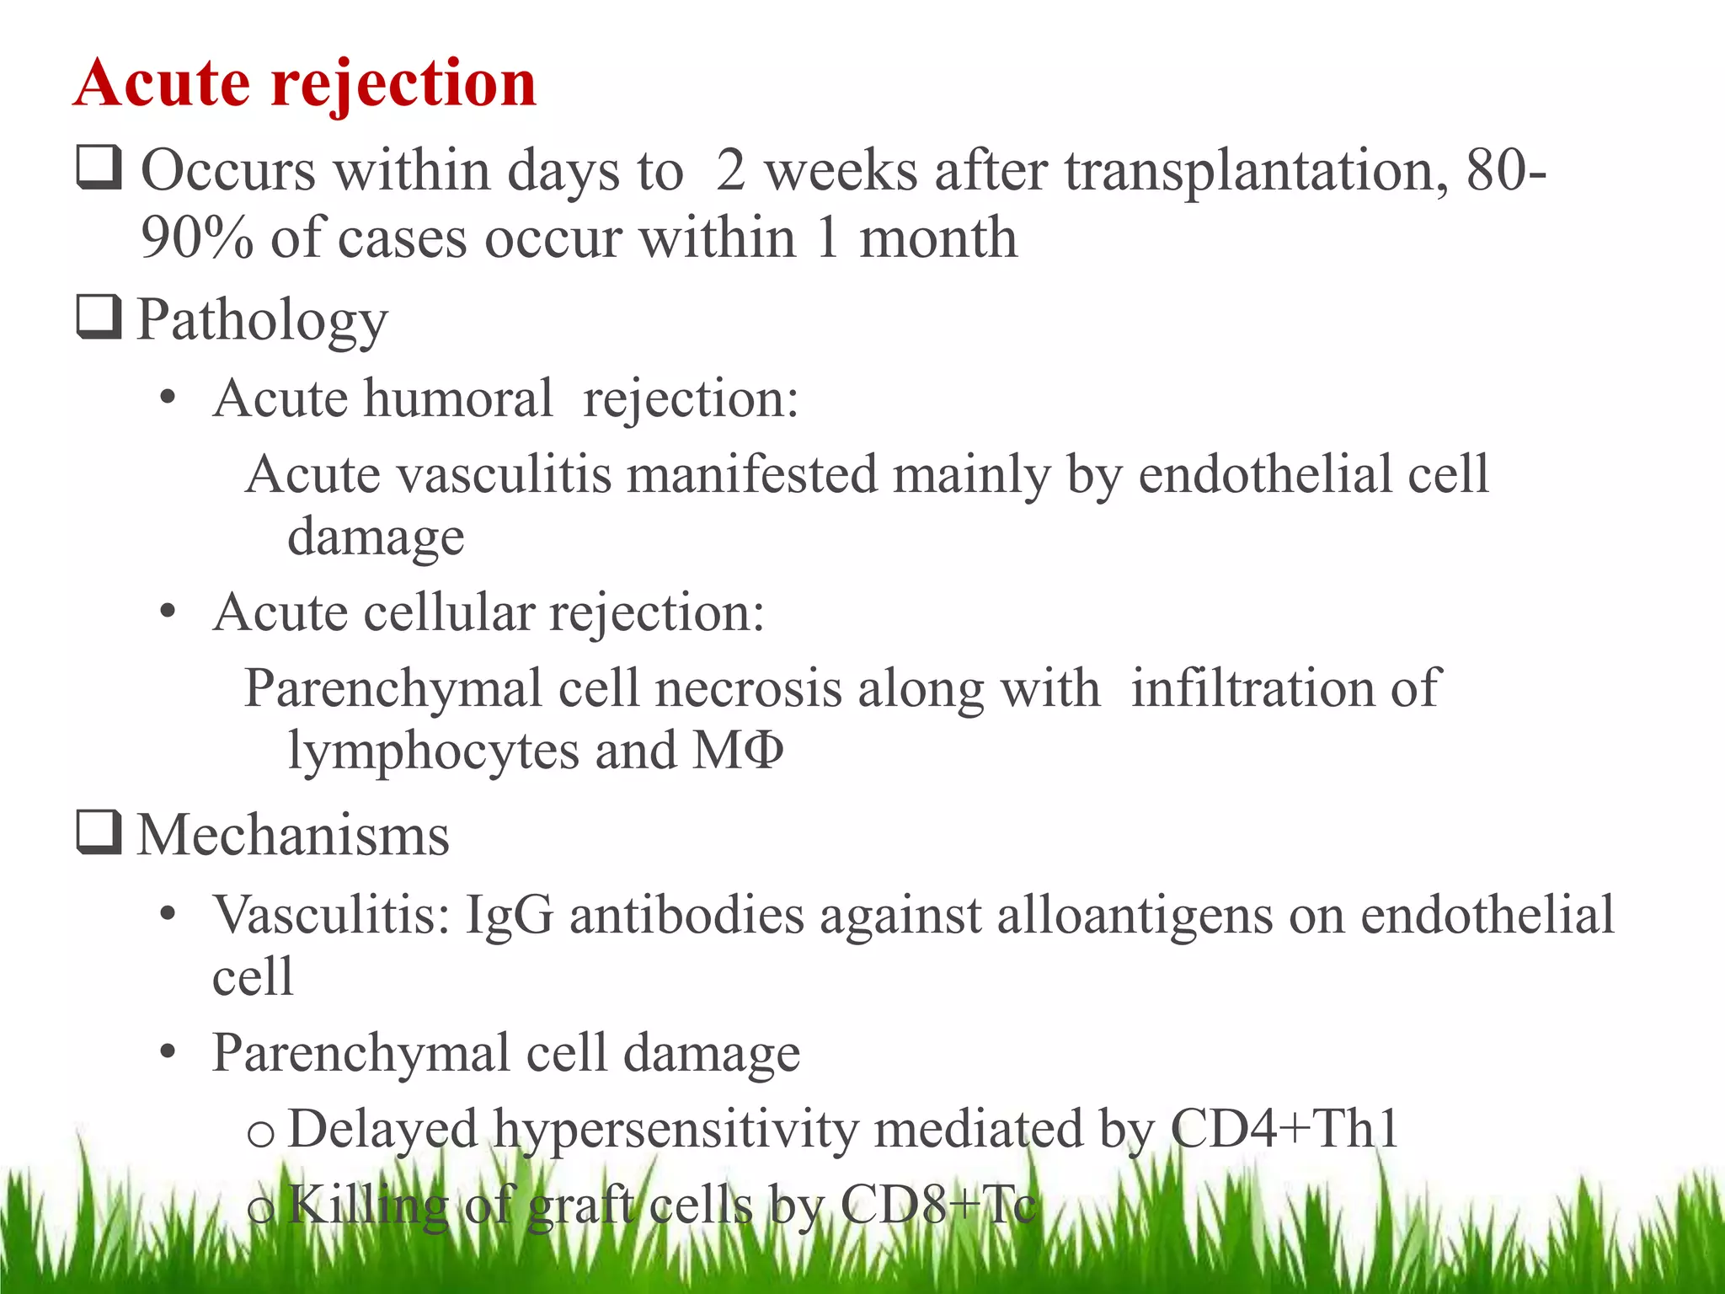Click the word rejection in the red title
click(403, 84)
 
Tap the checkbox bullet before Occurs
click(99, 167)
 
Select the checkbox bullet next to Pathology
click(99, 317)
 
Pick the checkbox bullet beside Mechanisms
click(99, 832)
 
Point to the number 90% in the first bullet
click(195, 238)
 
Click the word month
click(937, 238)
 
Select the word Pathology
click(262, 321)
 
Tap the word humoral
click(458, 398)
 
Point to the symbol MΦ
click(738, 751)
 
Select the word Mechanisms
click(293, 836)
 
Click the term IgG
click(509, 916)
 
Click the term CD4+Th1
click(1284, 1129)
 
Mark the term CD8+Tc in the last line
click(937, 1205)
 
